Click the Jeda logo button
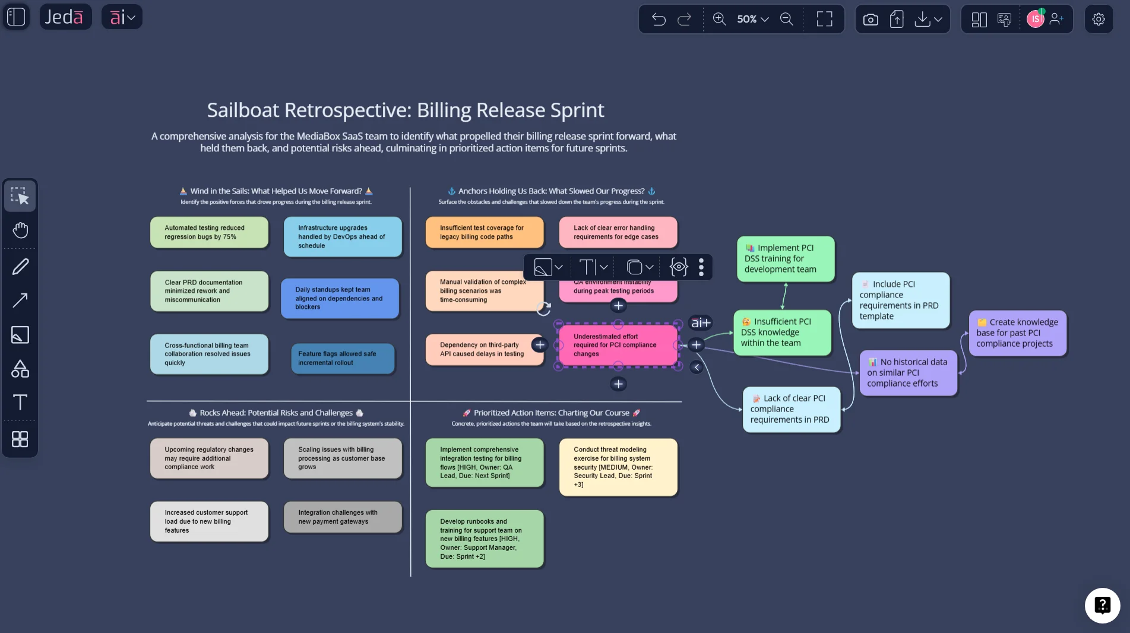click(x=65, y=17)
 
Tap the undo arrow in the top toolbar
click(x=659, y=19)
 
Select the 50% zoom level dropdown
click(x=752, y=19)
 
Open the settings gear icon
click(x=1099, y=19)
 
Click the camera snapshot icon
click(x=871, y=20)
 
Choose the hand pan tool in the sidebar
click(x=20, y=230)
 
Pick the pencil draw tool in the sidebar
click(x=20, y=267)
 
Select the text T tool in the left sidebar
click(x=20, y=403)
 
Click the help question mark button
click(x=1102, y=605)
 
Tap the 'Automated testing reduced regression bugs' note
click(x=209, y=232)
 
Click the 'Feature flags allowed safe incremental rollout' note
click(x=343, y=358)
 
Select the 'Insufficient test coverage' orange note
click(x=485, y=232)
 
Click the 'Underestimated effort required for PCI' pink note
click(x=618, y=345)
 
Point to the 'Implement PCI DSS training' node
click(x=786, y=259)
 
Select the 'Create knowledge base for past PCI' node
click(x=1017, y=333)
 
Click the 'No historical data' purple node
click(x=908, y=373)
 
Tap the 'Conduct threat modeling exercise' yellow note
click(x=618, y=467)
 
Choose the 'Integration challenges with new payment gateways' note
click(x=343, y=517)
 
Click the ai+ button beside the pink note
click(x=701, y=323)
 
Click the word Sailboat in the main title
click(x=242, y=110)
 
